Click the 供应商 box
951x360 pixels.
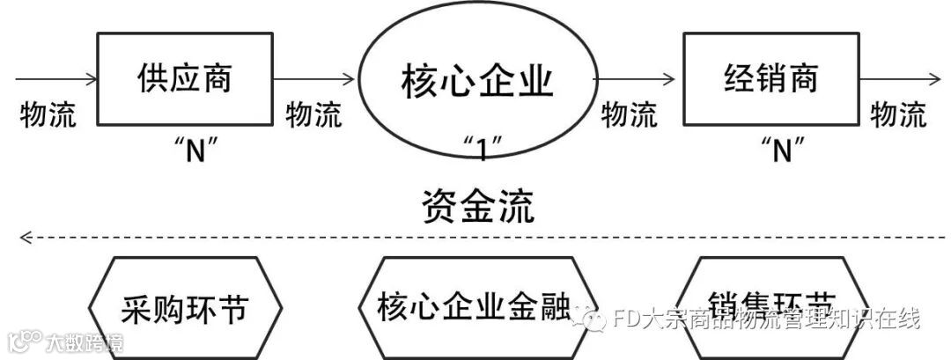(184, 80)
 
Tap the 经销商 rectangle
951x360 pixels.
(770, 80)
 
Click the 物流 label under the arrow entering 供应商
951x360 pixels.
(48, 114)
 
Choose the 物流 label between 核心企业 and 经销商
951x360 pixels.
(629, 114)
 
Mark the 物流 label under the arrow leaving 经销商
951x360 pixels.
(898, 114)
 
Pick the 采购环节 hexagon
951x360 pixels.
(185, 308)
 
